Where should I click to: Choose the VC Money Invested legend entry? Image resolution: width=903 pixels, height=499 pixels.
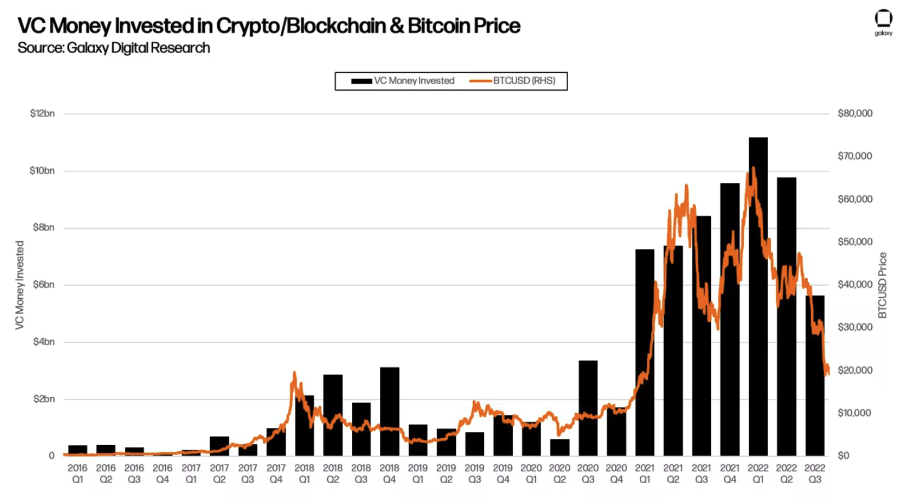coord(403,81)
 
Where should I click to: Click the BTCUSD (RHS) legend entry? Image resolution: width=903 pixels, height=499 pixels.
coord(512,81)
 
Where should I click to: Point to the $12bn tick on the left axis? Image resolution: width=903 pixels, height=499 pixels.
coord(42,114)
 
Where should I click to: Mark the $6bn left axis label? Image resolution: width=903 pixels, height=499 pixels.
coord(43,285)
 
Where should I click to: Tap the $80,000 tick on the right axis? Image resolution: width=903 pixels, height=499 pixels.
coord(855,113)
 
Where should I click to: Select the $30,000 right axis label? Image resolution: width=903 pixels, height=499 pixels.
coord(855,327)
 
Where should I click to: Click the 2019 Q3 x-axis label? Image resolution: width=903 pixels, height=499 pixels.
coord(474,474)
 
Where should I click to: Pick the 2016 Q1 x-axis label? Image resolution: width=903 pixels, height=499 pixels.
coord(78,474)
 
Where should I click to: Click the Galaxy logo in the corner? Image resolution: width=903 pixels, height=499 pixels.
coord(883,22)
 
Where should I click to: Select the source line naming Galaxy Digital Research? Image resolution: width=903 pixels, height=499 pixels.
coord(114,48)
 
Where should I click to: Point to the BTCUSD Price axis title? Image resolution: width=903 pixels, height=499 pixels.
coord(882,285)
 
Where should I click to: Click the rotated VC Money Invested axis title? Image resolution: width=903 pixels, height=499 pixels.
coord(20,285)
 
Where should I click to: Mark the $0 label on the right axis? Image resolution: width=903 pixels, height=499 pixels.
coord(843,456)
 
